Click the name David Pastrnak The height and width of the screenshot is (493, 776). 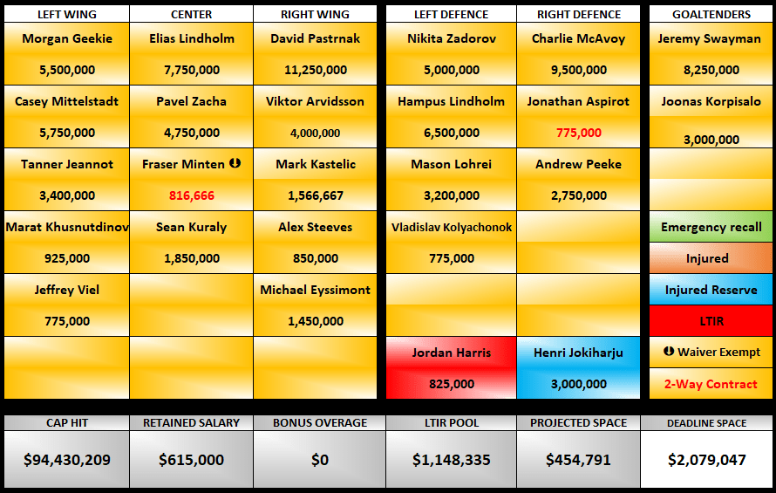coord(315,38)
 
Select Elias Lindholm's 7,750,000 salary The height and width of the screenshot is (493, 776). coord(191,70)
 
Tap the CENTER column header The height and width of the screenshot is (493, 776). coord(191,14)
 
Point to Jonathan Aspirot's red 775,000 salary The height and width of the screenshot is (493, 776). coord(578,133)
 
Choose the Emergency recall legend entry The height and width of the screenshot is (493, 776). coord(711,227)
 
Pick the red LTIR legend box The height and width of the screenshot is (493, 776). coord(711,321)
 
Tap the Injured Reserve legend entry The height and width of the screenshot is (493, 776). coord(711,290)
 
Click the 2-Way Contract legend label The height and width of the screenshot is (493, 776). coord(711,384)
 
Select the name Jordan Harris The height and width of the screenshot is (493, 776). coord(451,353)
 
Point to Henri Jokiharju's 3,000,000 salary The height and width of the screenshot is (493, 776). coord(578,384)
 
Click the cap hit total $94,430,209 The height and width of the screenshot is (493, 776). coord(66,460)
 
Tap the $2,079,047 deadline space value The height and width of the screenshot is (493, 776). coord(707,460)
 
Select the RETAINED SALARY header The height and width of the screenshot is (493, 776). coord(191,423)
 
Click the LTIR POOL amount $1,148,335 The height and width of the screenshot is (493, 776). coord(451,460)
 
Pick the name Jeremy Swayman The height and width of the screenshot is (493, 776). coord(711,38)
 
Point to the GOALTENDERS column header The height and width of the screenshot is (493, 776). coord(711,14)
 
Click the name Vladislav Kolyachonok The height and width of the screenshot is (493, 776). coord(452,227)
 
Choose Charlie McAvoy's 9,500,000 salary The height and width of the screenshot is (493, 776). coord(578,70)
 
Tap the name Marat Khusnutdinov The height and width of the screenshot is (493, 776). coord(67,227)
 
